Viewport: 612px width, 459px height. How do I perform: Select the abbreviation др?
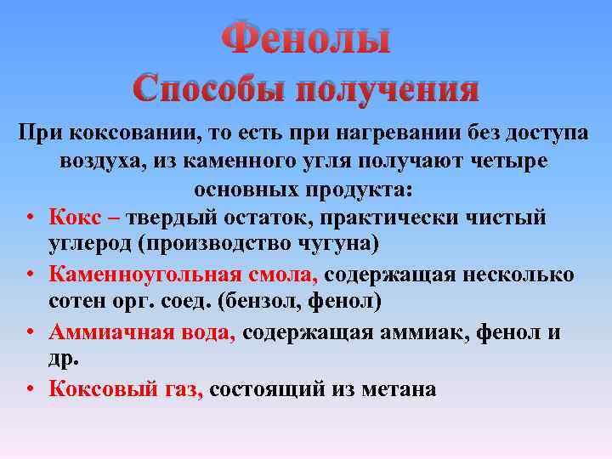64,359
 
